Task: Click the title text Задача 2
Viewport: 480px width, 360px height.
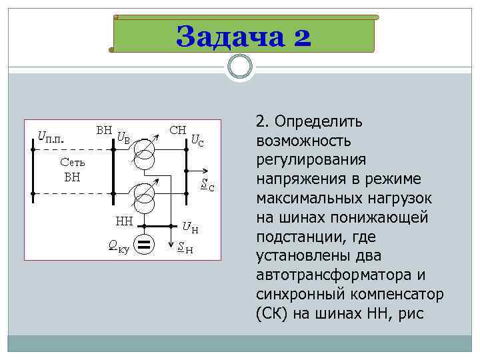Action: (243, 36)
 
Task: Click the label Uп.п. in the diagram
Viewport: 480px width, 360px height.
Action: (51, 138)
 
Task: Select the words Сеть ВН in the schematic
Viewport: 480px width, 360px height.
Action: (72, 169)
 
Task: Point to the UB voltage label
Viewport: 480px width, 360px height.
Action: (123, 138)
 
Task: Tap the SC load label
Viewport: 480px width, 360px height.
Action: (208, 185)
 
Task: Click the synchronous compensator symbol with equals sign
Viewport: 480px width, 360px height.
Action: (145, 245)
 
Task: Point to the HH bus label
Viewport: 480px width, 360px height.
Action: (125, 221)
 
